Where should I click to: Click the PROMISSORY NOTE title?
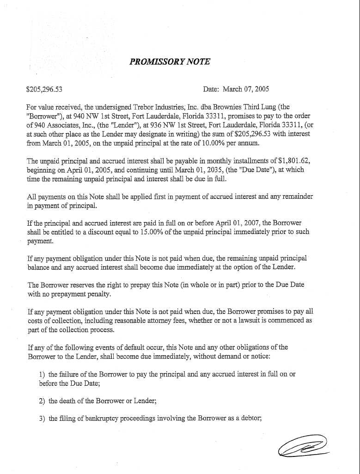coord(170,62)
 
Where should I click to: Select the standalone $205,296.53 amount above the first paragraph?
coord(45,89)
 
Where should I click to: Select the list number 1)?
coord(42,374)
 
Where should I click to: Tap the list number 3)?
coord(42,419)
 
